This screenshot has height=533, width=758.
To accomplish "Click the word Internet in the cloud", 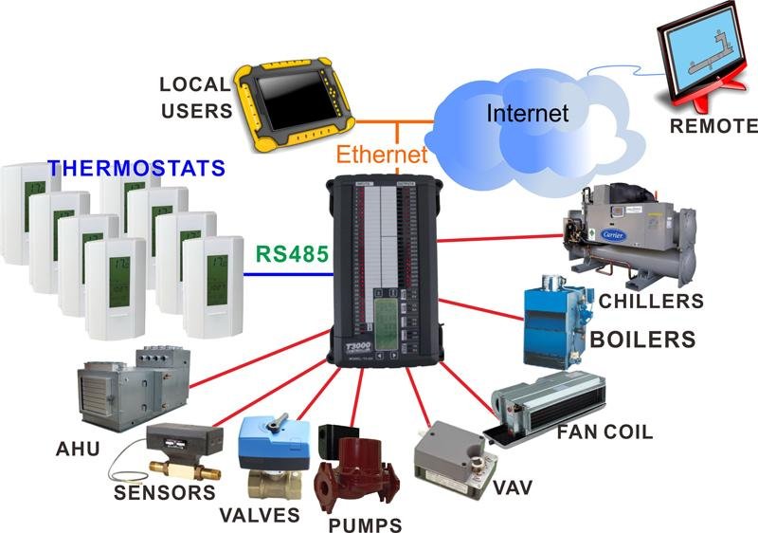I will [528, 113].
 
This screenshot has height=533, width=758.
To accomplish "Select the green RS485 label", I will [291, 254].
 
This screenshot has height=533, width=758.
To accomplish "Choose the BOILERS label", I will [642, 339].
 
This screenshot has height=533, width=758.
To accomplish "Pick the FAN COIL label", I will [605, 433].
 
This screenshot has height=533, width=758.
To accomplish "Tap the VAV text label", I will [513, 488].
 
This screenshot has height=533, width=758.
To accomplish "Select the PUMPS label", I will [364, 524].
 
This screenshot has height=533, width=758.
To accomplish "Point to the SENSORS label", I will [165, 493].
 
